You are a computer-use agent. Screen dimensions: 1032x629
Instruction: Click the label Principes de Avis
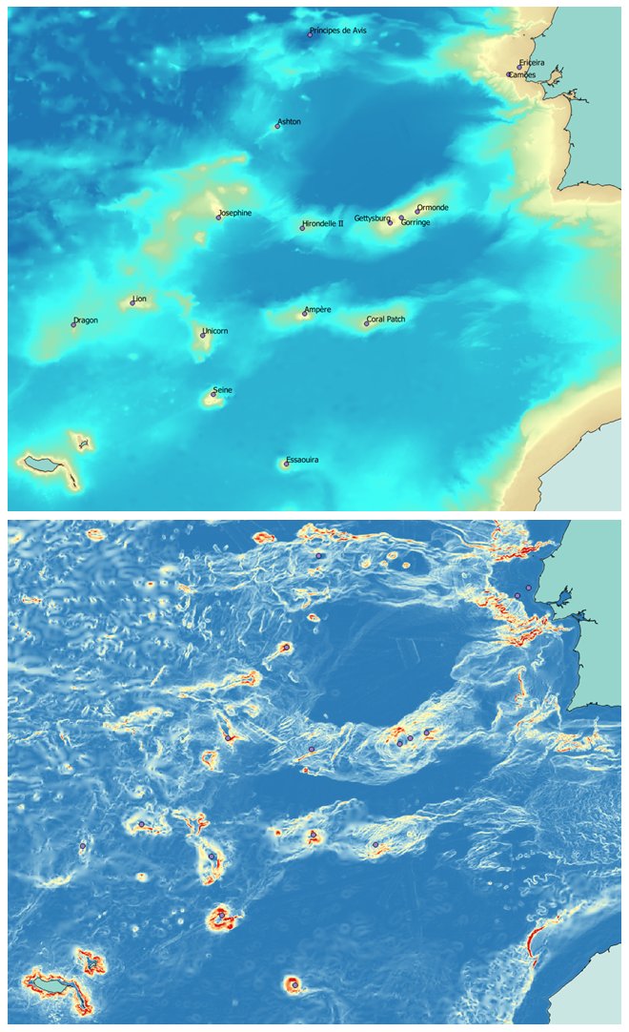pyautogui.click(x=338, y=31)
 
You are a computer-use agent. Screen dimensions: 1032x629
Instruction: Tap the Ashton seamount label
pyautogui.click(x=290, y=122)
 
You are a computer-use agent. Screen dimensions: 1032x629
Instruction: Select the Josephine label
pyautogui.click(x=235, y=213)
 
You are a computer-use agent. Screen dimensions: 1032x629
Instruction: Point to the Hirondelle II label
pyautogui.click(x=323, y=223)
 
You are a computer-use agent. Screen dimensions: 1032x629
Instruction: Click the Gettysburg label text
pyautogui.click(x=372, y=218)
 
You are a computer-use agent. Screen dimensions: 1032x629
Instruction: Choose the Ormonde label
pyautogui.click(x=433, y=207)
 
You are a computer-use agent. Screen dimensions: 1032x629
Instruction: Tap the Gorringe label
pyautogui.click(x=416, y=222)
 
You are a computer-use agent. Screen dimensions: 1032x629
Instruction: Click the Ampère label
pyautogui.click(x=317, y=310)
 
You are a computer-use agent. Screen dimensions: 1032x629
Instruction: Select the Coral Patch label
pyautogui.click(x=386, y=320)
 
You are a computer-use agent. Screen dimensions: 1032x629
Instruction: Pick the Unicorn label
pyautogui.click(x=215, y=331)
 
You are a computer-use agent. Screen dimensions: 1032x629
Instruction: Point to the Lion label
pyautogui.click(x=140, y=299)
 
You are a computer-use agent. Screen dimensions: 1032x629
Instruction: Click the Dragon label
pyautogui.click(x=86, y=320)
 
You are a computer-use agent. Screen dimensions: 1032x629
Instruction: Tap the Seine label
pyautogui.click(x=223, y=390)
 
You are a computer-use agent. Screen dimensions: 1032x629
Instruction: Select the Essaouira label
pyautogui.click(x=302, y=460)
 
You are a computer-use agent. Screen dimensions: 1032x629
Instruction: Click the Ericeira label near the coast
pyautogui.click(x=533, y=63)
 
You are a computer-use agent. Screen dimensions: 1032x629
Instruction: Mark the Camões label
pyautogui.click(x=523, y=74)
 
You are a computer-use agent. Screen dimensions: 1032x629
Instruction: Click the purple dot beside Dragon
pyautogui.click(x=73, y=324)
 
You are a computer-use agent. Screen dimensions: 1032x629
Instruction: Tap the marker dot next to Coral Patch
pyautogui.click(x=367, y=323)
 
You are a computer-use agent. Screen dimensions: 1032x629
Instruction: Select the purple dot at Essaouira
pyautogui.click(x=285, y=464)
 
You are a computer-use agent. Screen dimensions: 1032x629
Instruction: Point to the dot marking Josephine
pyautogui.click(x=218, y=217)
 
